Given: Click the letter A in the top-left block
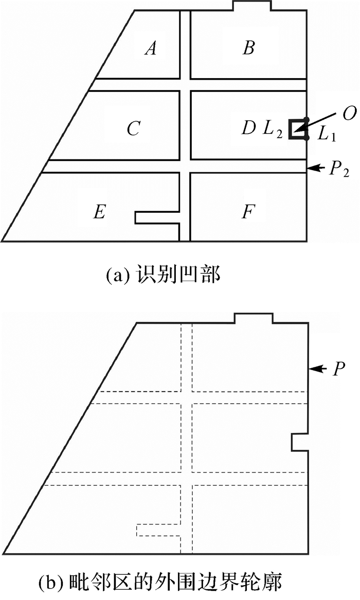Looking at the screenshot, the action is (x=151, y=48).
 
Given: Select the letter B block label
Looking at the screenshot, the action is (x=248, y=48).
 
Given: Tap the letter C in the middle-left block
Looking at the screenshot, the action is (x=133, y=129).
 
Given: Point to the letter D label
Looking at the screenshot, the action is (x=249, y=128).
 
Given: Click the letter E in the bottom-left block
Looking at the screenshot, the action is (x=99, y=212).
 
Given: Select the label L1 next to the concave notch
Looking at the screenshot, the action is (x=326, y=135).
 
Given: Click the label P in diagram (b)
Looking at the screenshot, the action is (x=337, y=369).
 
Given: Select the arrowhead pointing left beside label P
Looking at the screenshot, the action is (x=315, y=369).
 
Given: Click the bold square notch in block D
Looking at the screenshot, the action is (x=298, y=129).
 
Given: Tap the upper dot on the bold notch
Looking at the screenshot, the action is (x=307, y=120).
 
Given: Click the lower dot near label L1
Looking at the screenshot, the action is (x=307, y=138).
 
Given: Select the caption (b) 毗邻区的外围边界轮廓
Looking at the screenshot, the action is (x=161, y=584).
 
